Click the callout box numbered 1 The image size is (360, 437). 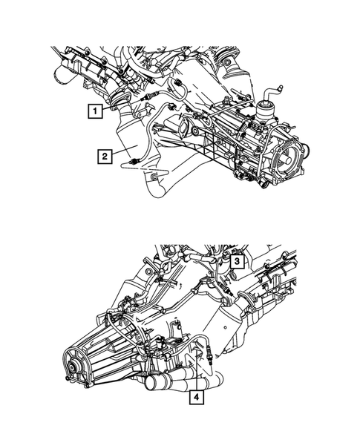(94, 114)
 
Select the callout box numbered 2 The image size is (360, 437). (107, 156)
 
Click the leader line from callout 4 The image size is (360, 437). (196, 378)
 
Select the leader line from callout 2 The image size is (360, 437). (120, 158)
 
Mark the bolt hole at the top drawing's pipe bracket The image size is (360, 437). (151, 177)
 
